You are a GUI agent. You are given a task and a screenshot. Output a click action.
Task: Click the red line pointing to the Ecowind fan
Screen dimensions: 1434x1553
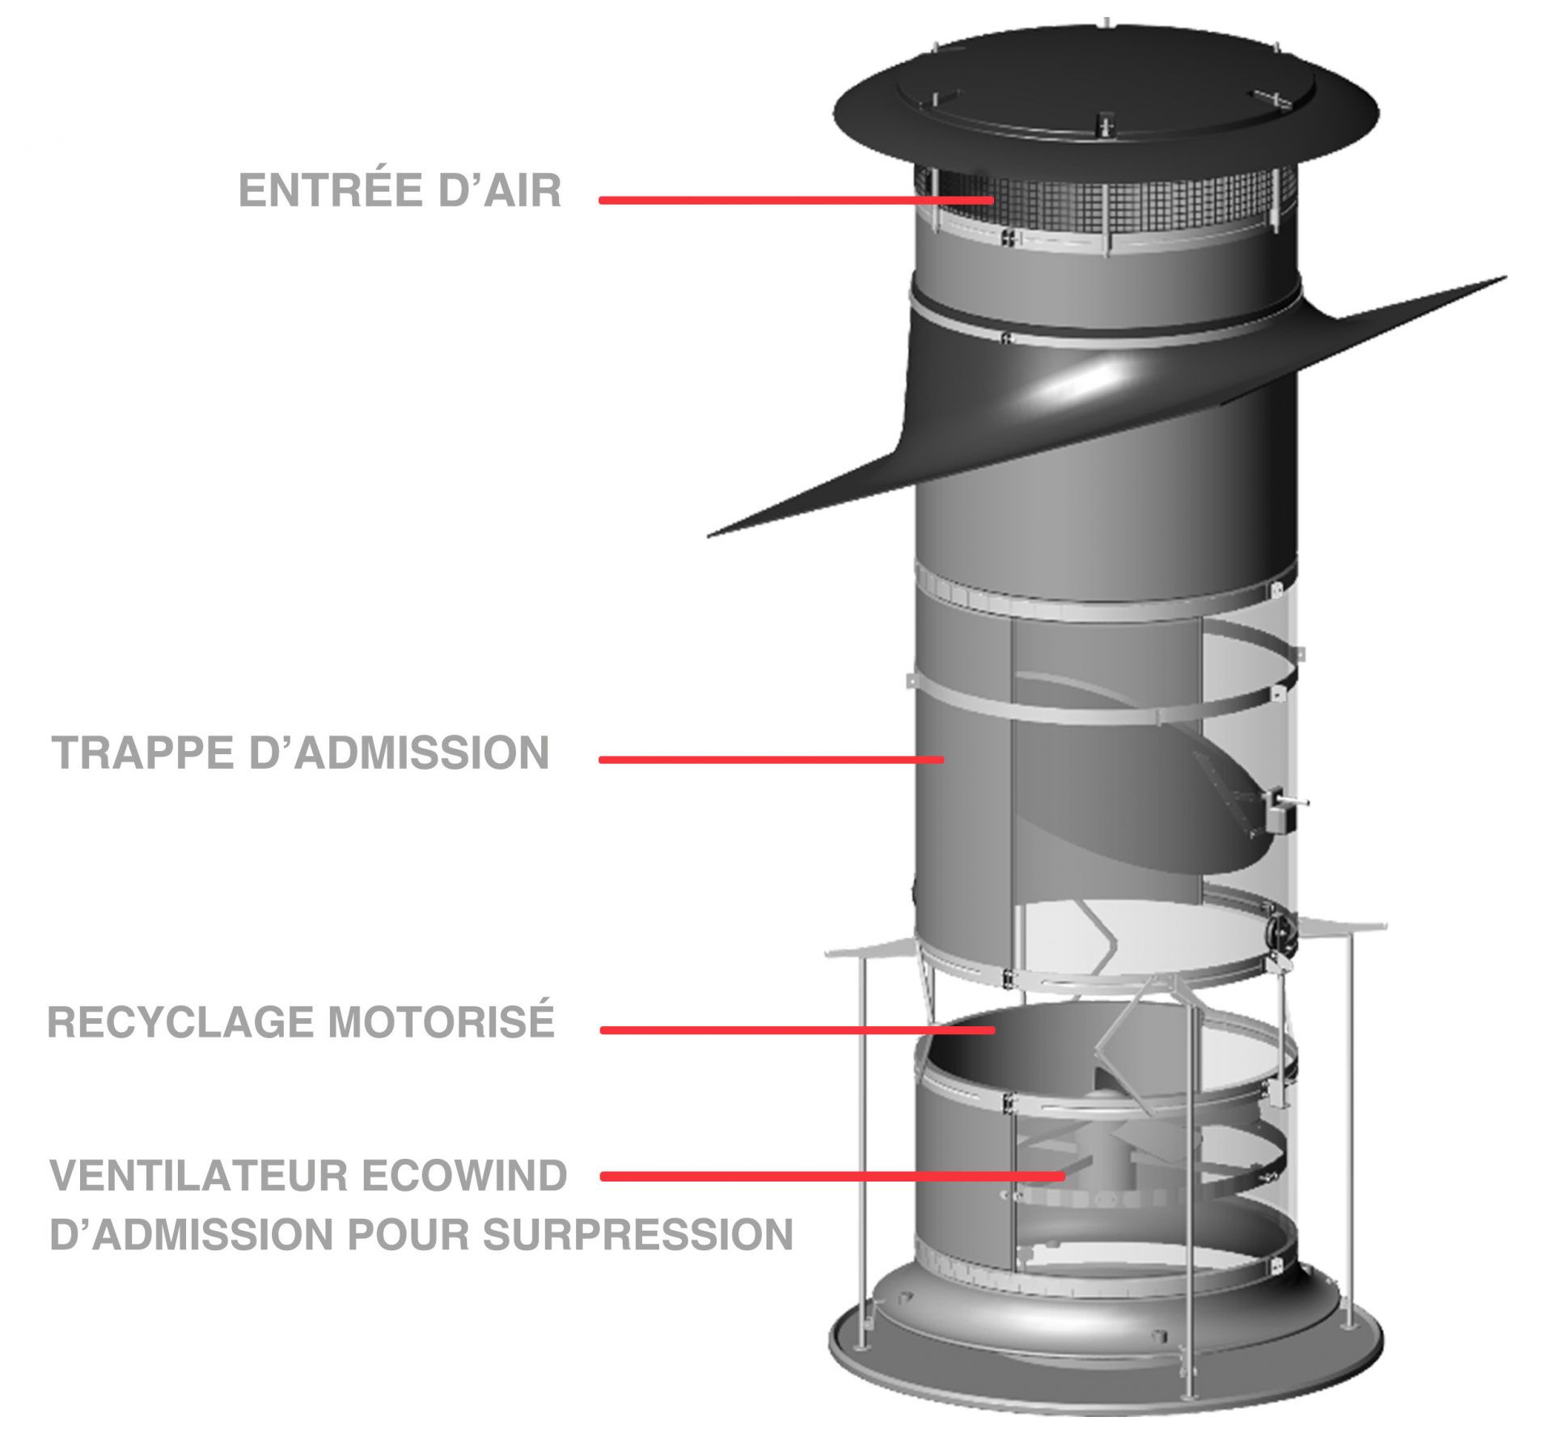pos(833,1177)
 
